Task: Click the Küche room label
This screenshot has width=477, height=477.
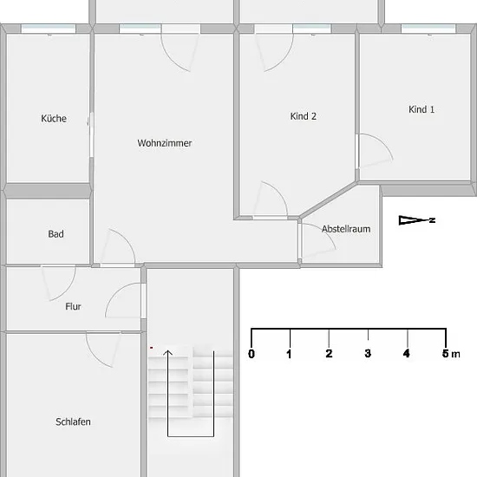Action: tap(54, 118)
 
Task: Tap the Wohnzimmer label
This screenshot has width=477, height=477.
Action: tap(165, 143)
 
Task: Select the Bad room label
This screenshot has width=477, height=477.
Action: tap(56, 234)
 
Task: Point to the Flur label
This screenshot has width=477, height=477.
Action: tap(74, 306)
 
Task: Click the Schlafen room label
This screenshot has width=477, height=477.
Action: tap(73, 421)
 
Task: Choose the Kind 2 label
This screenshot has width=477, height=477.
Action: tap(304, 116)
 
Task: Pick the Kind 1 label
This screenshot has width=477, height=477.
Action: tap(421, 109)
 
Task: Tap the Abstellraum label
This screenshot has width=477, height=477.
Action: tap(346, 229)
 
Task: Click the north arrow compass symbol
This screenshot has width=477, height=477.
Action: tap(417, 220)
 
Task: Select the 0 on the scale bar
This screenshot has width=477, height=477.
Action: tap(252, 354)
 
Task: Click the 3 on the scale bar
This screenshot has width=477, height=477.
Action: tap(368, 354)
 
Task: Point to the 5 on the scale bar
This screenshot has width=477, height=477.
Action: tap(446, 354)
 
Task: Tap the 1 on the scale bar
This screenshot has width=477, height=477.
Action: tap(289, 354)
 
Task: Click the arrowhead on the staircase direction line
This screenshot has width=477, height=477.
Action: tap(167, 352)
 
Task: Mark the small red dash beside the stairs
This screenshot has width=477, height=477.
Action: tap(151, 348)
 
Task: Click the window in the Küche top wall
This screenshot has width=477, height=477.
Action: tap(49, 29)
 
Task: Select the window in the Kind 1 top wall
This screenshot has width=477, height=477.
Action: tap(428, 29)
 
